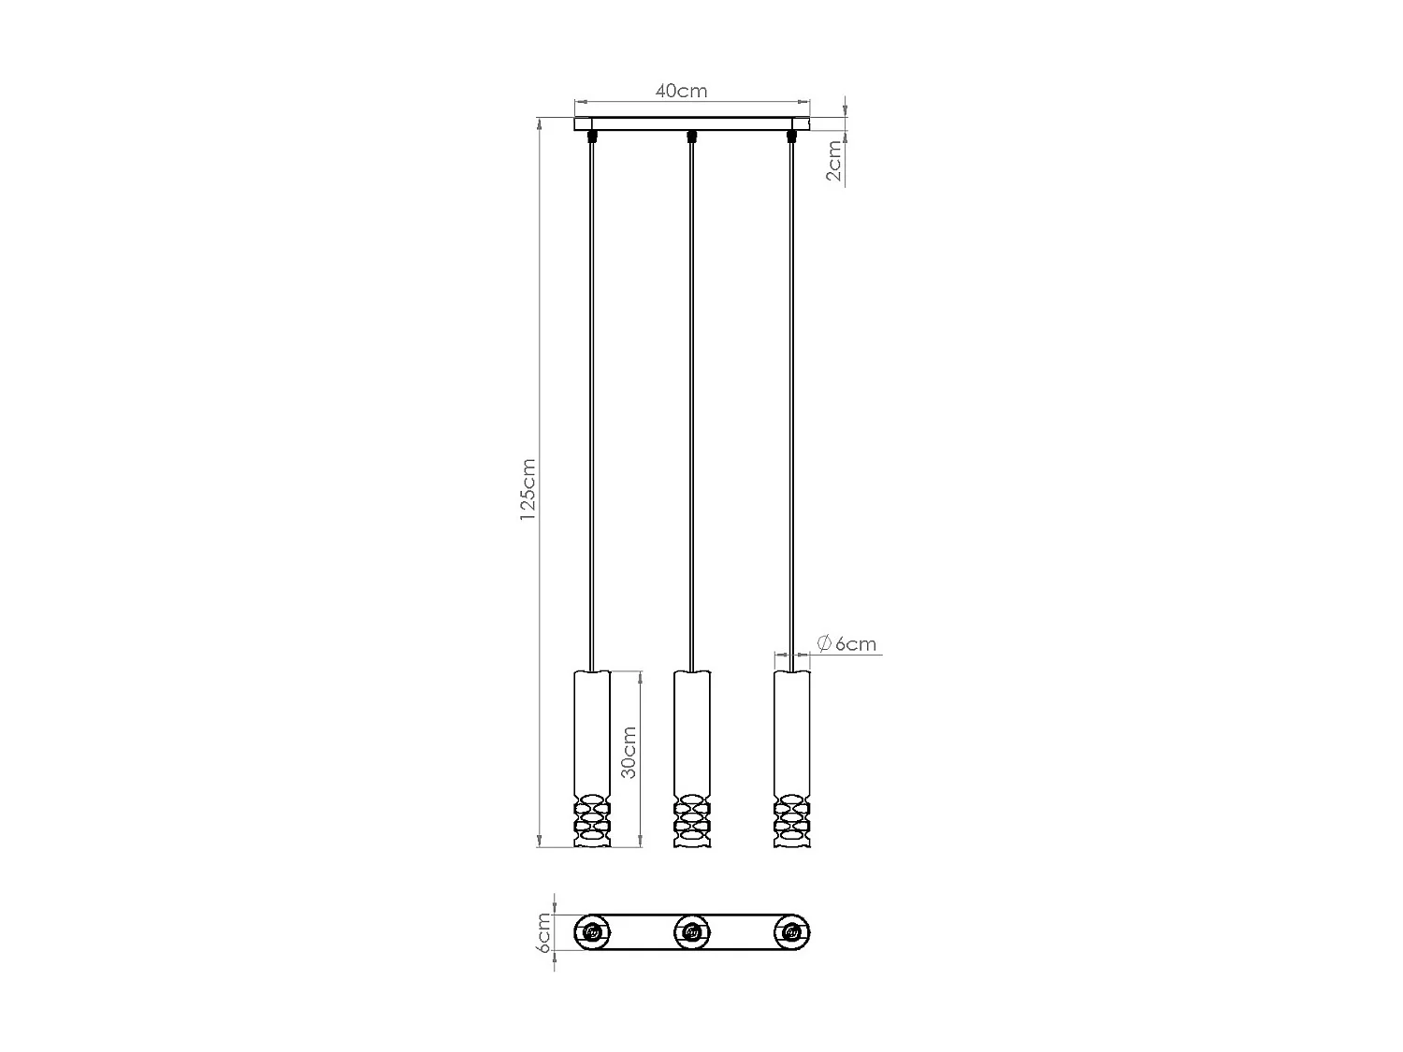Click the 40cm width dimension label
(x=681, y=91)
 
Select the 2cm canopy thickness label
(x=834, y=160)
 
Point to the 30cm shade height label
(x=629, y=752)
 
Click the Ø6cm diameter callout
(x=846, y=643)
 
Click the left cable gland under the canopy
(x=591, y=137)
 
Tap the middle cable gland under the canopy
(x=691, y=137)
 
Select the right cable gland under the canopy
(x=792, y=137)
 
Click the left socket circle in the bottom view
(x=591, y=931)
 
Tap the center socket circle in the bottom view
(x=691, y=931)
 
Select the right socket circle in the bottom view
(x=792, y=931)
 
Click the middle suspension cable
(x=691, y=402)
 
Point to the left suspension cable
(x=591, y=402)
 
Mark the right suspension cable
(x=792, y=402)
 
